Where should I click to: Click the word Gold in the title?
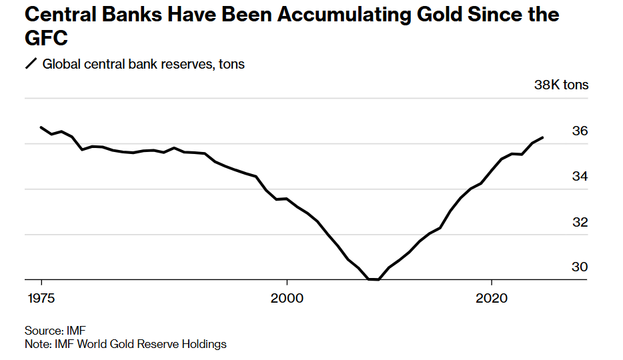(x=434, y=14)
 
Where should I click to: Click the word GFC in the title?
(x=46, y=39)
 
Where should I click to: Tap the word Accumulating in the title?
(x=345, y=14)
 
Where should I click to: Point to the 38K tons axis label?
(x=561, y=85)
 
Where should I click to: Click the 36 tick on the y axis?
(x=580, y=131)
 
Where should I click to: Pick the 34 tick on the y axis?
(x=580, y=177)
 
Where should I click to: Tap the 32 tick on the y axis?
(x=580, y=222)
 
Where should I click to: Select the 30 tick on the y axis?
(x=580, y=267)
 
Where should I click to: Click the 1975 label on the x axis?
(x=41, y=297)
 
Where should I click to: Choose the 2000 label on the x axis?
(x=287, y=297)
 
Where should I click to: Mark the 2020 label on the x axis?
(x=492, y=297)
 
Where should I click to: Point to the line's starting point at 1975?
(x=41, y=127)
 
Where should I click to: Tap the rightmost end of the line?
(x=544, y=137)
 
